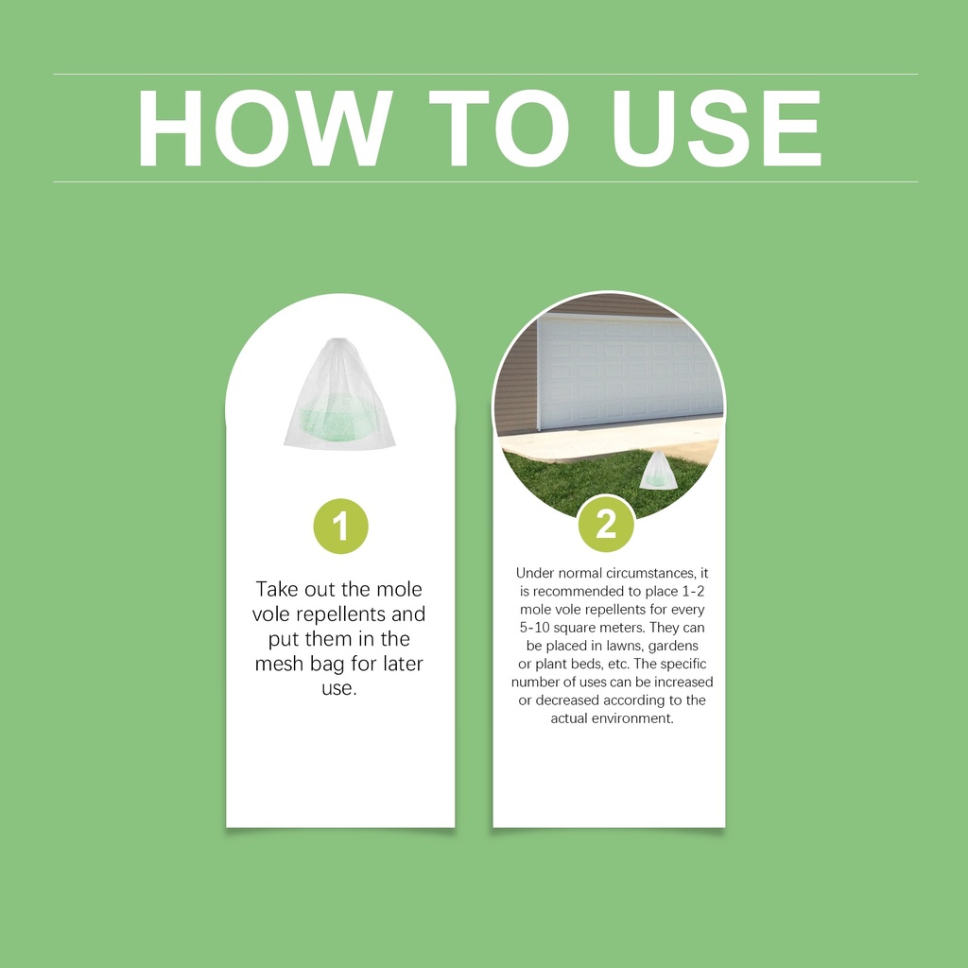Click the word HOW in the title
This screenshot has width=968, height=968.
(265, 129)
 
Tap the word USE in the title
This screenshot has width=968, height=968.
(716, 129)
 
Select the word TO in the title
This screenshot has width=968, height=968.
(498, 129)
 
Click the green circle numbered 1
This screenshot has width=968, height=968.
(340, 526)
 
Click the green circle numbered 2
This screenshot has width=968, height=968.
(606, 524)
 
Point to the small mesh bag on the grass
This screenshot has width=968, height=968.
(658, 471)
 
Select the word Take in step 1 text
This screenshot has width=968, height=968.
(278, 589)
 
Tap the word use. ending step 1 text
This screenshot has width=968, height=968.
(339, 688)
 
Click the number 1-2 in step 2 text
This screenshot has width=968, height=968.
(693, 592)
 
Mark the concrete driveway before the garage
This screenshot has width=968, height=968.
(612, 440)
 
